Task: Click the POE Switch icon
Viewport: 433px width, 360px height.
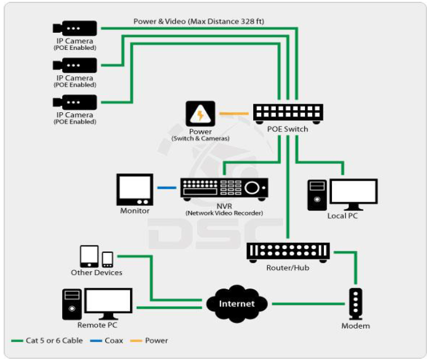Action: pyautogui.click(x=288, y=112)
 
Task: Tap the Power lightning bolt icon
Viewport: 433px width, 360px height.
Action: pyautogui.click(x=201, y=114)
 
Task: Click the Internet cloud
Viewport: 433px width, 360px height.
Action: pyautogui.click(x=237, y=303)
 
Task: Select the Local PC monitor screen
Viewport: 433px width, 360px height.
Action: pyautogui.click(x=353, y=192)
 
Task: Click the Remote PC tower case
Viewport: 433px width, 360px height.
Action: pyautogui.click(x=72, y=303)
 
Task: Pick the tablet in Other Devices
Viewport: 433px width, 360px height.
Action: pyautogui.click(x=89, y=256)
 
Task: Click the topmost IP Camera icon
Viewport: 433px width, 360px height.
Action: pyautogui.click(x=75, y=28)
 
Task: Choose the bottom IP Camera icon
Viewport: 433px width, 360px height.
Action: pyautogui.click(x=75, y=102)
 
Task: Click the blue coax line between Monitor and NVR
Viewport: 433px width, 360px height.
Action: pyautogui.click(x=166, y=187)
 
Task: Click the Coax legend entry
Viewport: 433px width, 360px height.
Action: pyautogui.click(x=111, y=340)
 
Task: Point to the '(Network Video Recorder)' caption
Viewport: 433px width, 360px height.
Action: pyautogui.click(x=224, y=213)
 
